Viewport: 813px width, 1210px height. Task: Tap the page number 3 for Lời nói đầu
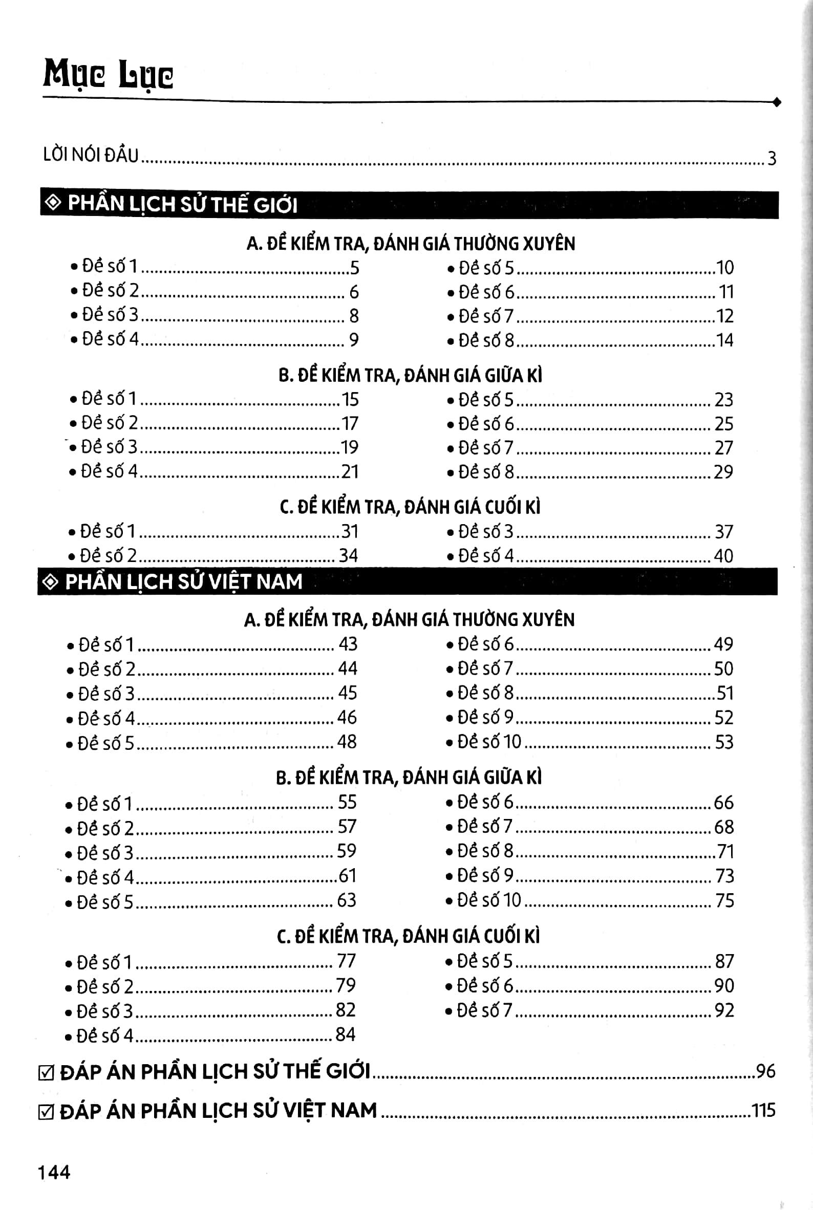tap(772, 158)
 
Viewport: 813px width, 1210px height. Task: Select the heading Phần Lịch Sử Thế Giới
tap(182, 204)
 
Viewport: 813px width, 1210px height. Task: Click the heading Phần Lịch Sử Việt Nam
tap(184, 581)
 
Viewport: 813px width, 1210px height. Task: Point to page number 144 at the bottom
tap(54, 1172)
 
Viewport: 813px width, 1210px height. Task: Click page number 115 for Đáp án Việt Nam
tap(763, 1111)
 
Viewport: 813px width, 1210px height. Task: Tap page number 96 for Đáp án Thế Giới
tap(765, 1071)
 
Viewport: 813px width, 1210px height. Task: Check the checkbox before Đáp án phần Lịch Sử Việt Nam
tap(46, 1113)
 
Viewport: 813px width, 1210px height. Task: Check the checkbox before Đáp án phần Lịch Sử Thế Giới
tap(46, 1073)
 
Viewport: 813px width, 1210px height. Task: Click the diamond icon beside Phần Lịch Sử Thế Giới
tap(53, 203)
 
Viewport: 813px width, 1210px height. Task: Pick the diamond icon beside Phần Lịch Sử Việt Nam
tap(50, 582)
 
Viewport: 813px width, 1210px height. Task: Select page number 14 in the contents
tap(724, 340)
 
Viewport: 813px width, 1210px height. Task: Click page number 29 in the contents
tap(723, 472)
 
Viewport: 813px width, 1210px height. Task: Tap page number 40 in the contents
tap(723, 556)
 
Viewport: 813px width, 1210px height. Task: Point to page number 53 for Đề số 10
tap(724, 742)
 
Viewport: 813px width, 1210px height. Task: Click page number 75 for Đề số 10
tap(724, 900)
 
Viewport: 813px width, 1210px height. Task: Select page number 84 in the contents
tap(345, 1034)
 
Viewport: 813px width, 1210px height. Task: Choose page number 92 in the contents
tap(724, 1010)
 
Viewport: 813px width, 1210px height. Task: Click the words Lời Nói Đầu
tap(91, 155)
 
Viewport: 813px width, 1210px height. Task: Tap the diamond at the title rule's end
tap(776, 103)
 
